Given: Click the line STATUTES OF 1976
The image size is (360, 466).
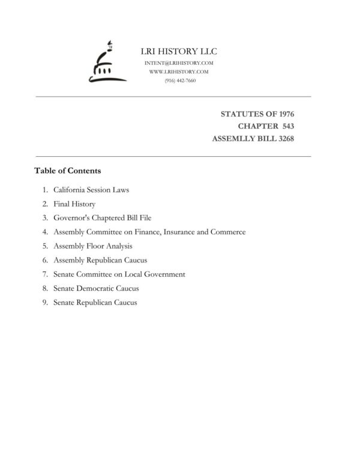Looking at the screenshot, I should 257,113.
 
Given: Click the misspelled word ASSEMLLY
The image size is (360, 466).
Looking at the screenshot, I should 235,139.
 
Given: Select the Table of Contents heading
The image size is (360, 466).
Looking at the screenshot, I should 67,171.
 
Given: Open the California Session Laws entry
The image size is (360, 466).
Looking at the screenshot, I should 91,190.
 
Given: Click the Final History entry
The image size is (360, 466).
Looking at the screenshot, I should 74,204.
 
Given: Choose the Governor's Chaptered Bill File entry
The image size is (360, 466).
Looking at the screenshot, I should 106,218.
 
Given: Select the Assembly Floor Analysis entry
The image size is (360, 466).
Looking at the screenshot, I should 92,246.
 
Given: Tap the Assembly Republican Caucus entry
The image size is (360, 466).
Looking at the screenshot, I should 100,260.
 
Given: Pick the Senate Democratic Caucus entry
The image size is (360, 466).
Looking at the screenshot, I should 96,288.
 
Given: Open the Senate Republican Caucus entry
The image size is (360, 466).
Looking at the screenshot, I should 95,302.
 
